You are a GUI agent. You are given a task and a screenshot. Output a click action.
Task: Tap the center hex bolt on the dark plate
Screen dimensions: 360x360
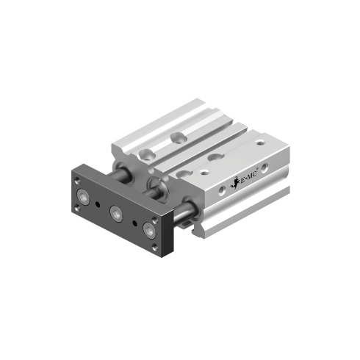click(115, 214)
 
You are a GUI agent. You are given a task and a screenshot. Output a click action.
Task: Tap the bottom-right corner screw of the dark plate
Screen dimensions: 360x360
click(153, 249)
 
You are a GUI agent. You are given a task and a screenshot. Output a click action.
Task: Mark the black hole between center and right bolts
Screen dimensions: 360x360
click(133, 221)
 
